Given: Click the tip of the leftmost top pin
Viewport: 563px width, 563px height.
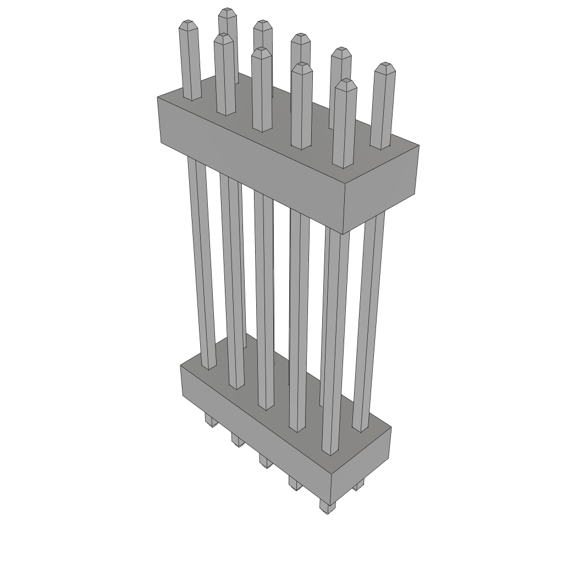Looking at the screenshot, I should (x=189, y=24).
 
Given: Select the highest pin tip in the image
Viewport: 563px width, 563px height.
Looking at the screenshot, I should (x=227, y=12).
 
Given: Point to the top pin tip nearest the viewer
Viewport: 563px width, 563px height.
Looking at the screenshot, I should (x=345, y=82).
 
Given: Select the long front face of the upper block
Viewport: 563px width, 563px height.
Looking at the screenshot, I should (x=247, y=176).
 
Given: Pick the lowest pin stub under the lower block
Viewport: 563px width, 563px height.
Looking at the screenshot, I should (x=327, y=507).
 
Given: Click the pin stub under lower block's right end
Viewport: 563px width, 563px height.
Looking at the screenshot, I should (x=358, y=486).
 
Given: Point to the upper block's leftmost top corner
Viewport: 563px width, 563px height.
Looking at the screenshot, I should (x=158, y=97).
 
